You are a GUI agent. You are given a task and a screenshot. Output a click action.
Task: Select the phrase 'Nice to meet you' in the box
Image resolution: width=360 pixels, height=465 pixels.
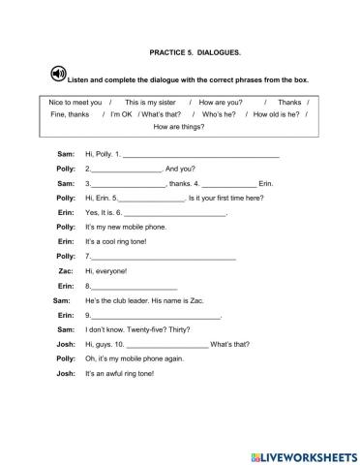point(76,102)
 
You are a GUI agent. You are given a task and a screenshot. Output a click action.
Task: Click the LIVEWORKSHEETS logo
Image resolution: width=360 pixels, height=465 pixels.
point(302,452)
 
